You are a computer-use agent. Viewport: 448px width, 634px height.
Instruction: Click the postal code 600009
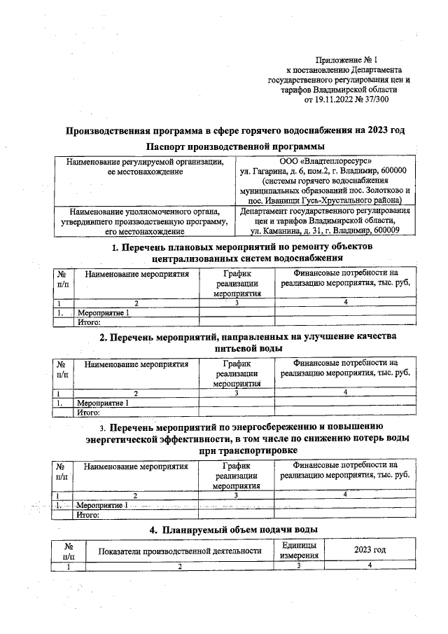pos(382,230)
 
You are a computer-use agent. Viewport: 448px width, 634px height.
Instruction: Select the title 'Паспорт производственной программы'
pos(235,146)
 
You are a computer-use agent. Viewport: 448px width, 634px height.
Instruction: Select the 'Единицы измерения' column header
pos(298,550)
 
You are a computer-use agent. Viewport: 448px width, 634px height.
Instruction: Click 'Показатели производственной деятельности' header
pos(180,551)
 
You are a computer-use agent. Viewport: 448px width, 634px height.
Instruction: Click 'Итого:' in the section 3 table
pos(90,515)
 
